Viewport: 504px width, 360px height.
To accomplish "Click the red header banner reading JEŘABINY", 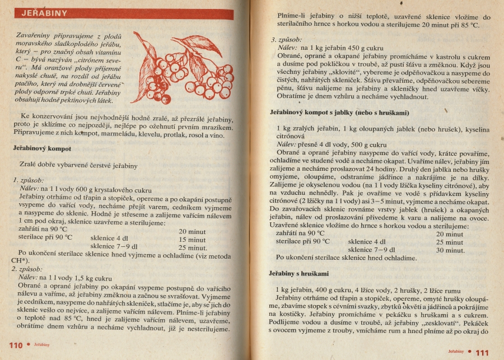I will [123, 13].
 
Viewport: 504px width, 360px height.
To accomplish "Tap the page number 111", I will [482, 352].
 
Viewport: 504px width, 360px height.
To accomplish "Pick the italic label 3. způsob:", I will [287, 40].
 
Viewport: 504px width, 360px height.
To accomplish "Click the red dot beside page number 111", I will [470, 352].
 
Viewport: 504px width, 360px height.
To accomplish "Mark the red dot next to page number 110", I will [29, 344].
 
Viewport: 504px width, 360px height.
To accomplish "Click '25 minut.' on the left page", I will [193, 247].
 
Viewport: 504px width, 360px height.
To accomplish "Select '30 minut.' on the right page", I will [451, 250].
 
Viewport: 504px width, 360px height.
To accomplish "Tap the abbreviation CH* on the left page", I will [21, 261].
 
